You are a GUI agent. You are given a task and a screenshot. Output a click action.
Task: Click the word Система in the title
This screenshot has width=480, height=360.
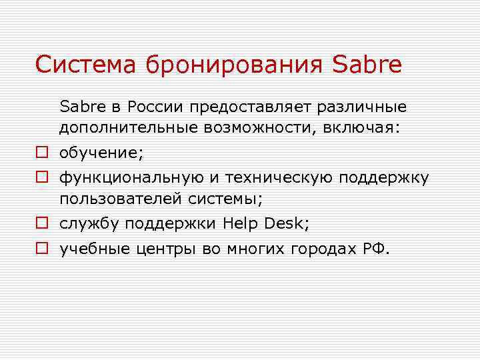pos(79,65)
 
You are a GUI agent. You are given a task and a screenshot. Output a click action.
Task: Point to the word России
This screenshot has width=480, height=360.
pos(155,107)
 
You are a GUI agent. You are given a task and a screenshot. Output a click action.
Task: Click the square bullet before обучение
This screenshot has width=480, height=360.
pos(41,153)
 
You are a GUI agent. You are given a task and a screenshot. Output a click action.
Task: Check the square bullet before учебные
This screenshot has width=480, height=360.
pos(41,249)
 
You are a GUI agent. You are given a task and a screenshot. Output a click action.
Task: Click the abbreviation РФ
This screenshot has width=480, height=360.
pos(375,250)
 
